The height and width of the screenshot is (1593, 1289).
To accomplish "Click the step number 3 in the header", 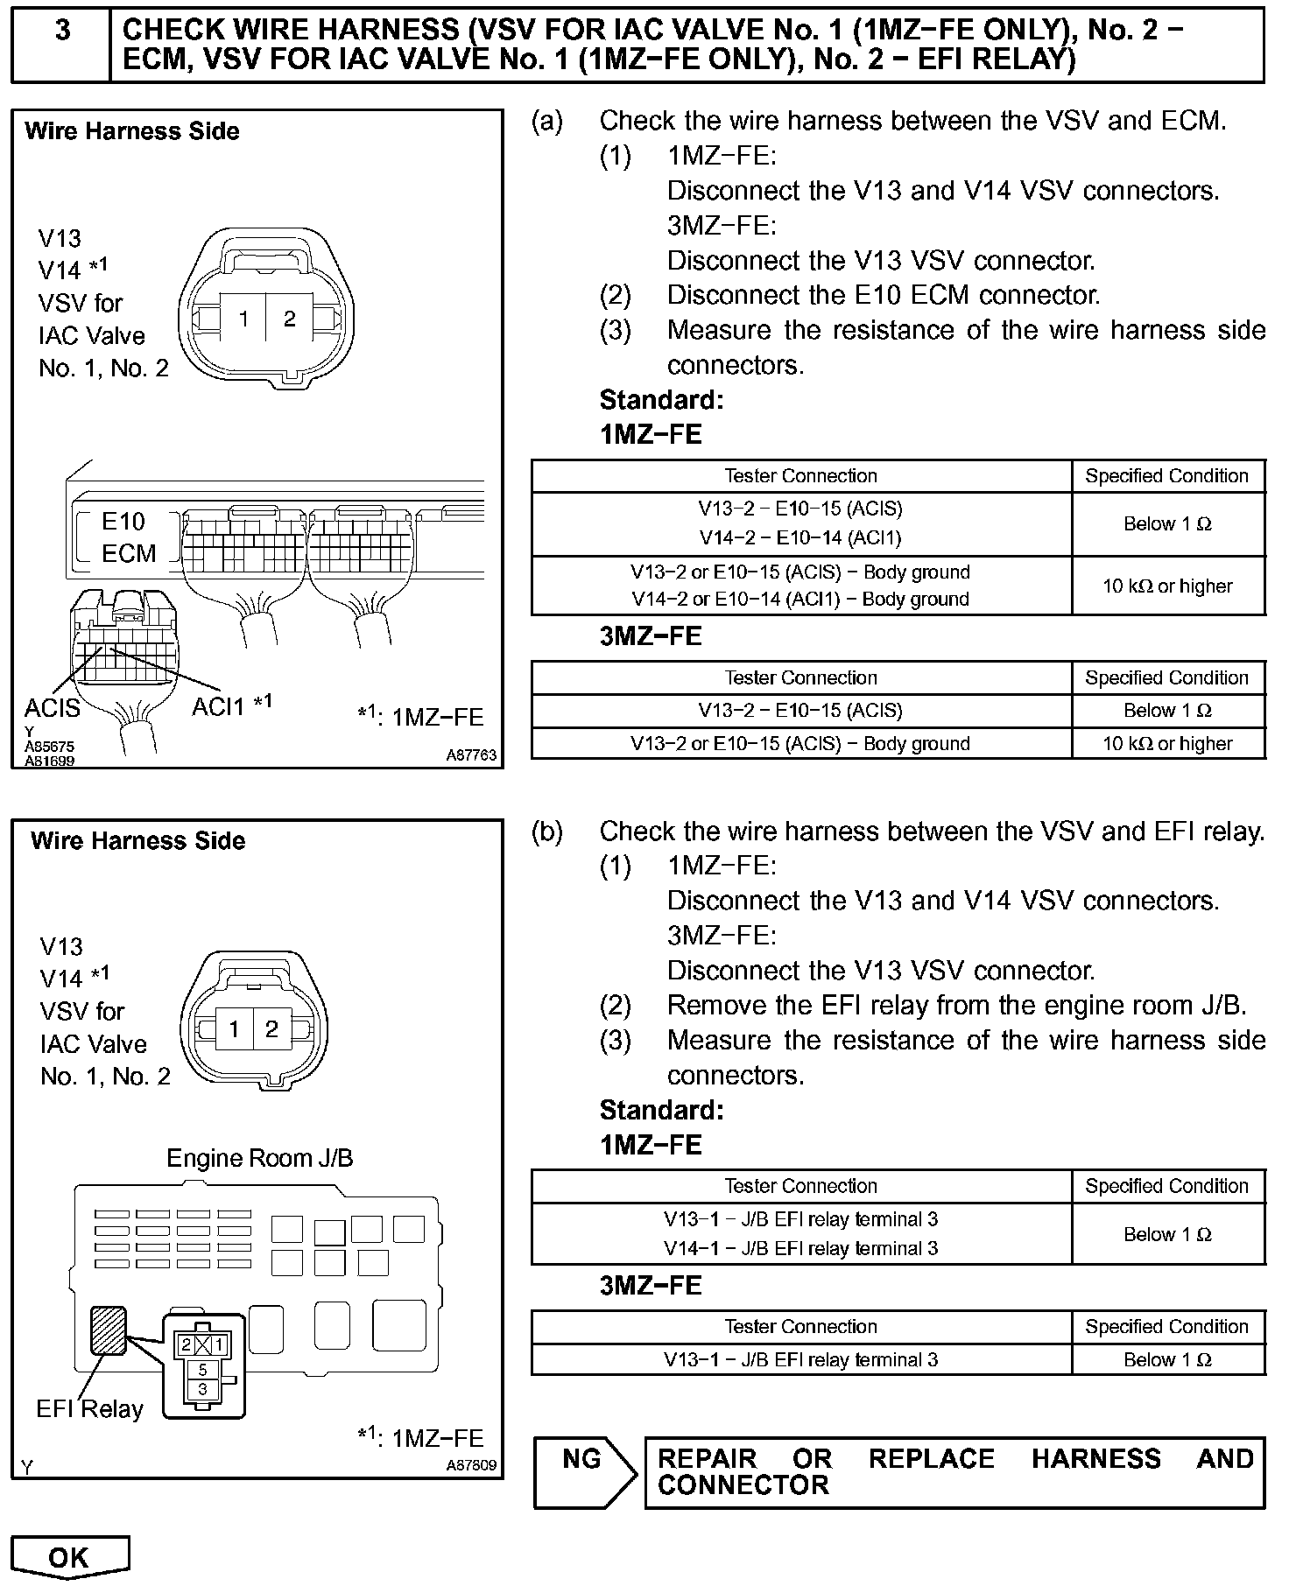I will [62, 31].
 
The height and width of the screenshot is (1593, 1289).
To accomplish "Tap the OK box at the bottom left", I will [69, 1557].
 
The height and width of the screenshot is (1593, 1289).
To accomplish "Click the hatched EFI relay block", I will [109, 1330].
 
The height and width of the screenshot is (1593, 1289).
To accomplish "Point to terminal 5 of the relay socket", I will [203, 1369].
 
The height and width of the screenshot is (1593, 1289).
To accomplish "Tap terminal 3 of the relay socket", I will [203, 1389].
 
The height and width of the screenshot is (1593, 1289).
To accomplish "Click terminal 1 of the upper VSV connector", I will [244, 319].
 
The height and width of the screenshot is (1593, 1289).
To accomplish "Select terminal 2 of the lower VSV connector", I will [271, 1029].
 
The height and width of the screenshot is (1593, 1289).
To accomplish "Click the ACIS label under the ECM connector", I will [53, 707].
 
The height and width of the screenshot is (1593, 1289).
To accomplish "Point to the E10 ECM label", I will [128, 537].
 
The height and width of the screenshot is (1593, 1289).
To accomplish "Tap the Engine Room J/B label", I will [260, 1158].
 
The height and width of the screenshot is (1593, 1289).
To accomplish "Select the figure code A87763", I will [471, 754].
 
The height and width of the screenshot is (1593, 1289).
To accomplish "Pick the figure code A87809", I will [471, 1465].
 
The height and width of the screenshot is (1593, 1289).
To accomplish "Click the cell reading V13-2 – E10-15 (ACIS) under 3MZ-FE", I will [800, 711].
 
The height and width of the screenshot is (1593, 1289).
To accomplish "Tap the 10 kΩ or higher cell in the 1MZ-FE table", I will [1167, 586].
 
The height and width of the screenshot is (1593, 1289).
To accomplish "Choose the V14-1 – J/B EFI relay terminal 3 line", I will [800, 1248].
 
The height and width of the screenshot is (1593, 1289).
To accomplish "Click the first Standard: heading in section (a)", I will [661, 400].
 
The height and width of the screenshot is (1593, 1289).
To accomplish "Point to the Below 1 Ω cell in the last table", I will [1167, 1359].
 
